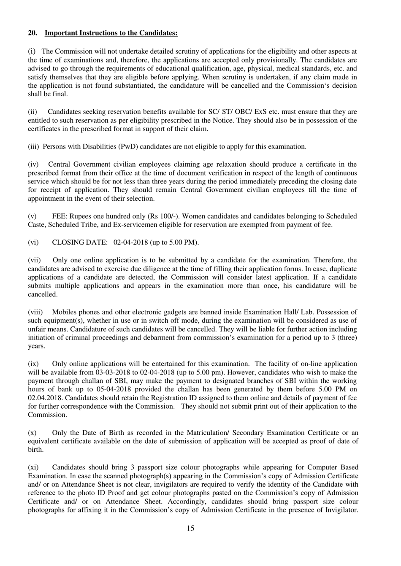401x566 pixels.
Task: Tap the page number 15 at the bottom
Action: (x=190, y=528)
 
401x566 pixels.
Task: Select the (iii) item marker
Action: (x=33, y=146)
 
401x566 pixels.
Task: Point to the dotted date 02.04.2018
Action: (x=46, y=398)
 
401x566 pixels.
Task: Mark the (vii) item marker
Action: (x=34, y=260)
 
